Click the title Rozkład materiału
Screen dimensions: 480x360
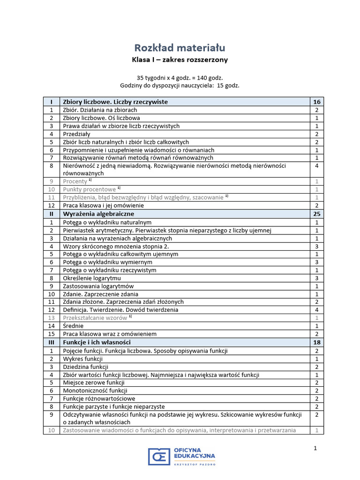click(180, 48)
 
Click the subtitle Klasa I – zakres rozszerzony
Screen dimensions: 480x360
click(180, 60)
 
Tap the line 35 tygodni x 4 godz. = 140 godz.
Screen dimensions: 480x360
click(180, 77)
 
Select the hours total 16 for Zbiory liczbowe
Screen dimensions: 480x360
click(316, 102)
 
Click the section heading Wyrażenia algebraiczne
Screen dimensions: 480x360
click(98, 214)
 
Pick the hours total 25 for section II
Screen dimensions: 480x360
click(316, 214)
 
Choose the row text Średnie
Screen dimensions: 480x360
click(74, 326)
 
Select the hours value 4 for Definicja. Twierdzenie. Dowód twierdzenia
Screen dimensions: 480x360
click(316, 310)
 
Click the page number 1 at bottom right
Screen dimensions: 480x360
click(315, 449)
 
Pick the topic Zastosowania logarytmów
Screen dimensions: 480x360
click(98, 286)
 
